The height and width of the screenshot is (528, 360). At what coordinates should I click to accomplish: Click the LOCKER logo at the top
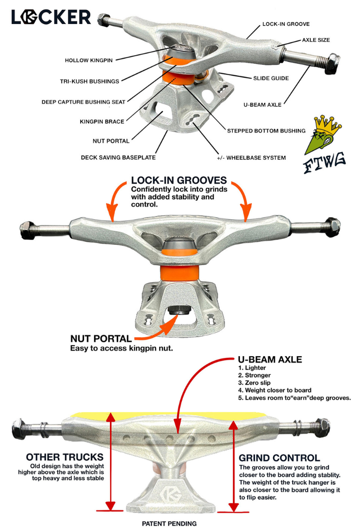point(51,17)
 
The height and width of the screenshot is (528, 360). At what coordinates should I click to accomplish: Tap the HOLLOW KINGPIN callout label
point(89,61)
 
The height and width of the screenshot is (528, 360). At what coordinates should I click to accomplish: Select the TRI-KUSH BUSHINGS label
point(90,81)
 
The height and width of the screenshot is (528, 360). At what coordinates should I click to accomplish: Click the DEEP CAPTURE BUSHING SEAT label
point(84,102)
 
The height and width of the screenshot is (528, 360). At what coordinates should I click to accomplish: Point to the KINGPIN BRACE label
point(102,122)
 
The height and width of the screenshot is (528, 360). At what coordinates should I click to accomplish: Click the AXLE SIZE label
point(316,40)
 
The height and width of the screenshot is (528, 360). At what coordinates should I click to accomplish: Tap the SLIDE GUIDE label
point(271,78)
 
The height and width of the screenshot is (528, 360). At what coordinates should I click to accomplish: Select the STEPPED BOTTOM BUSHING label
point(266,131)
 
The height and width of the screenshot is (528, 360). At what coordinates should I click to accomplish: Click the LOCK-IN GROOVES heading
point(179,181)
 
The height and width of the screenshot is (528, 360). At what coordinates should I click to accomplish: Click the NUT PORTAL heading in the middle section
point(101,339)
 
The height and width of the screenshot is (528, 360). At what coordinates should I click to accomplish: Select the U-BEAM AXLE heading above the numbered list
point(270,359)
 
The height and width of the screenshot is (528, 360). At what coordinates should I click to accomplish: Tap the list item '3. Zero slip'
point(255,383)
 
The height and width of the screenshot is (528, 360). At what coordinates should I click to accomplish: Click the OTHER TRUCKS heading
point(65,457)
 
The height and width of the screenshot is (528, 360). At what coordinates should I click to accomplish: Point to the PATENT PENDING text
point(169,523)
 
